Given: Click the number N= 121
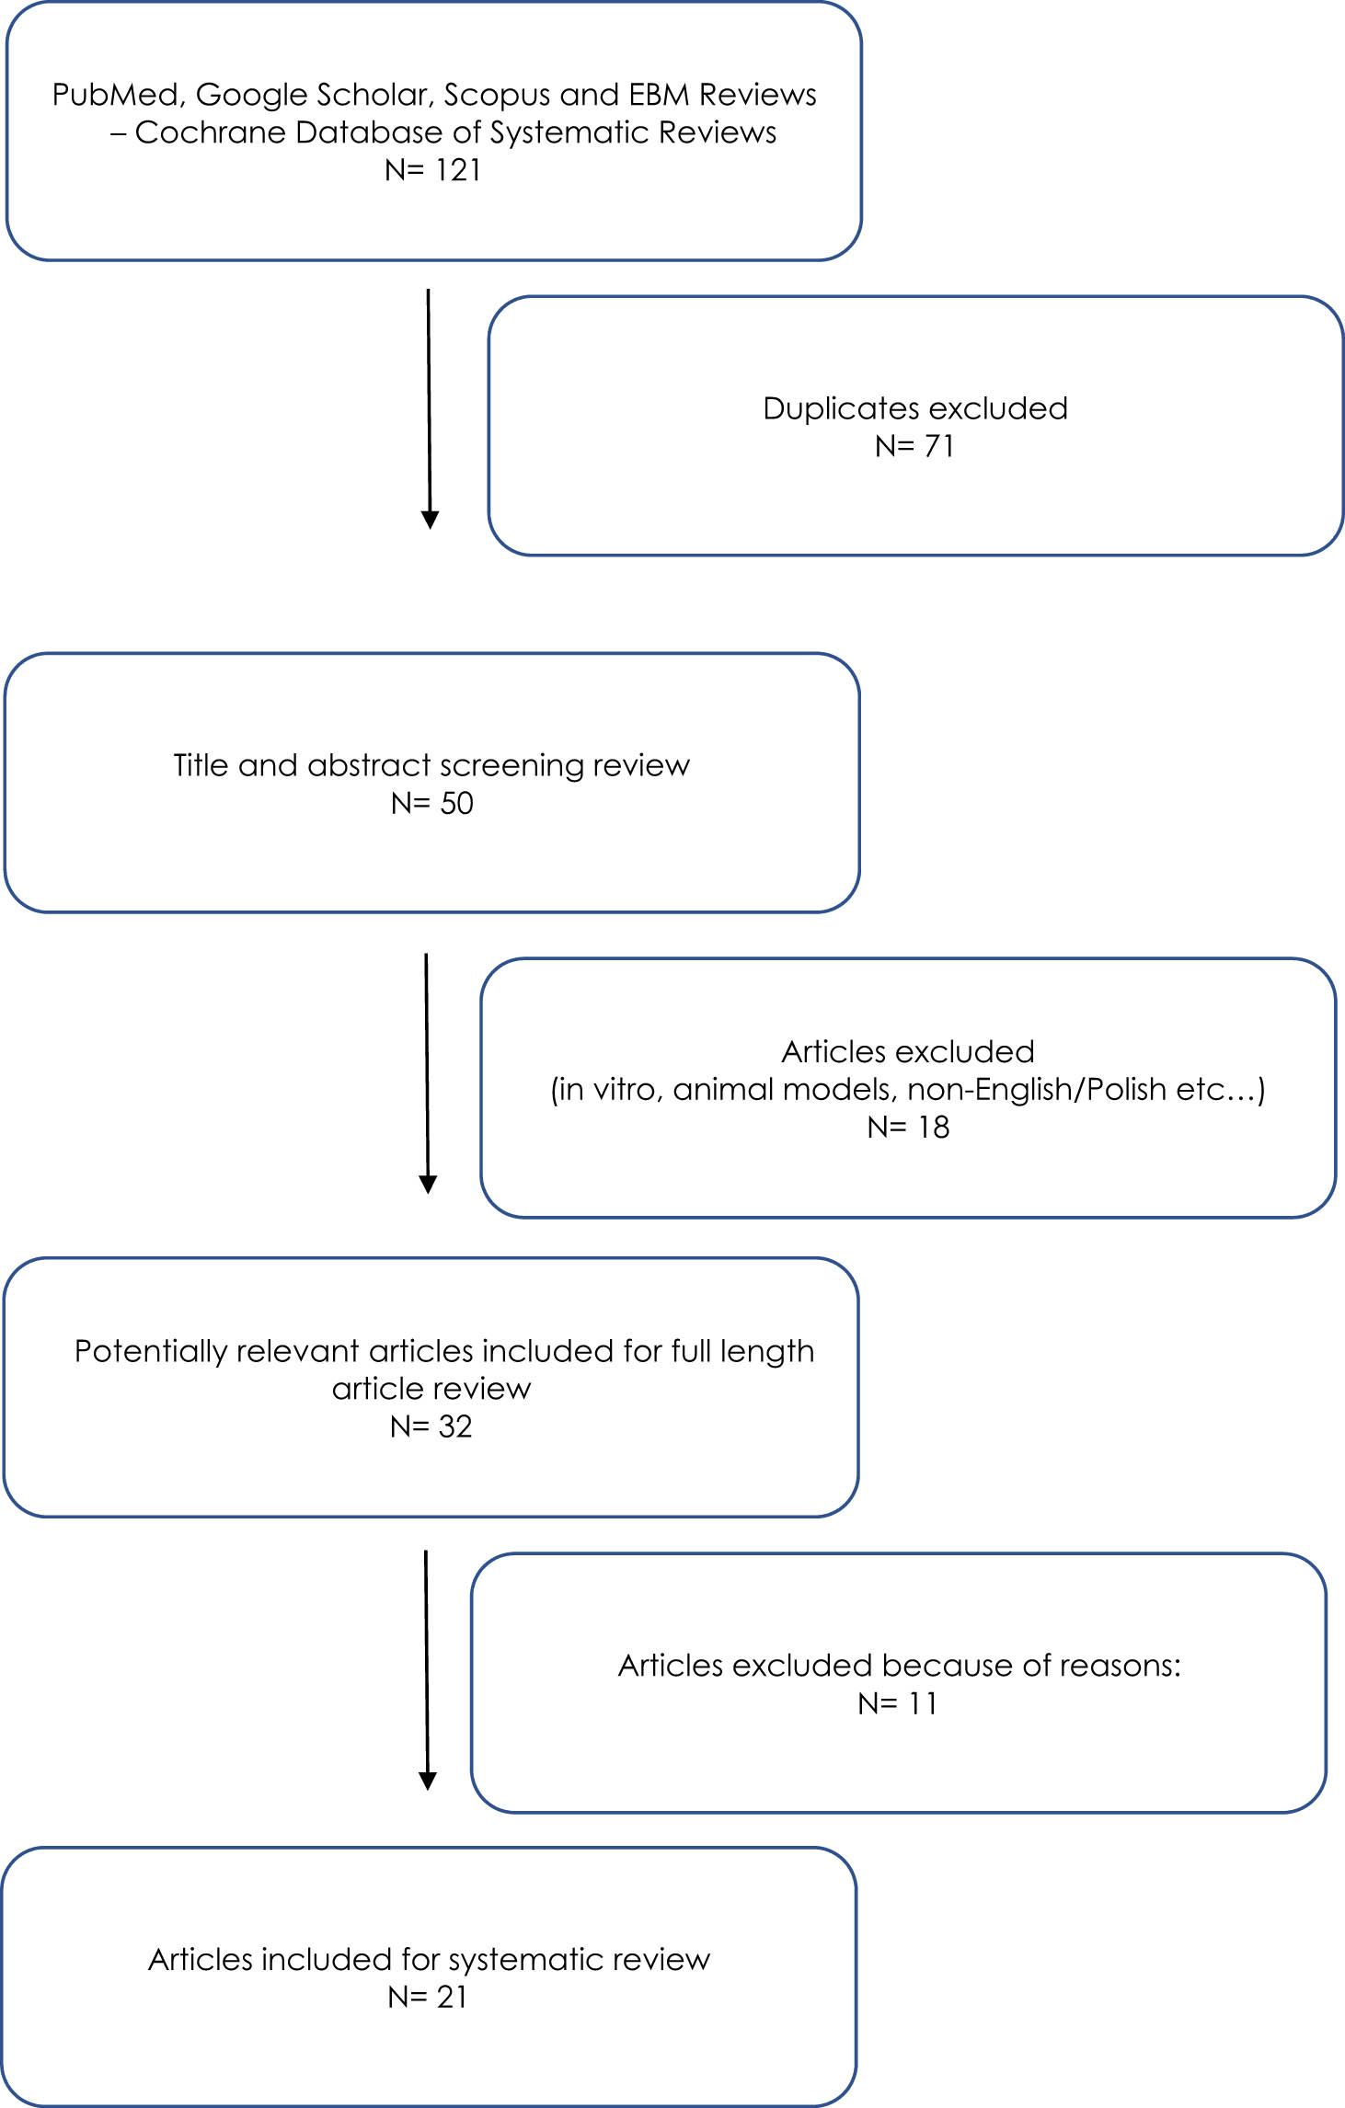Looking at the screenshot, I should coord(432,170).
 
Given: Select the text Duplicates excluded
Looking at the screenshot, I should coord(914,408).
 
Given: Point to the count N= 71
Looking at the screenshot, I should coord(914,446).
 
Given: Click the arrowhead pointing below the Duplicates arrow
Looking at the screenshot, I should coord(430,520).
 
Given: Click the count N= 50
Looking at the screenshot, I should coord(431,803).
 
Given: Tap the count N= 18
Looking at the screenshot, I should coord(907,1127).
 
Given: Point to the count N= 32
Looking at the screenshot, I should coord(431,1426).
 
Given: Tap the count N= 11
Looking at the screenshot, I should coord(897,1704).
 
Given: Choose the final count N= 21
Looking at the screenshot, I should coord(427,1997).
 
